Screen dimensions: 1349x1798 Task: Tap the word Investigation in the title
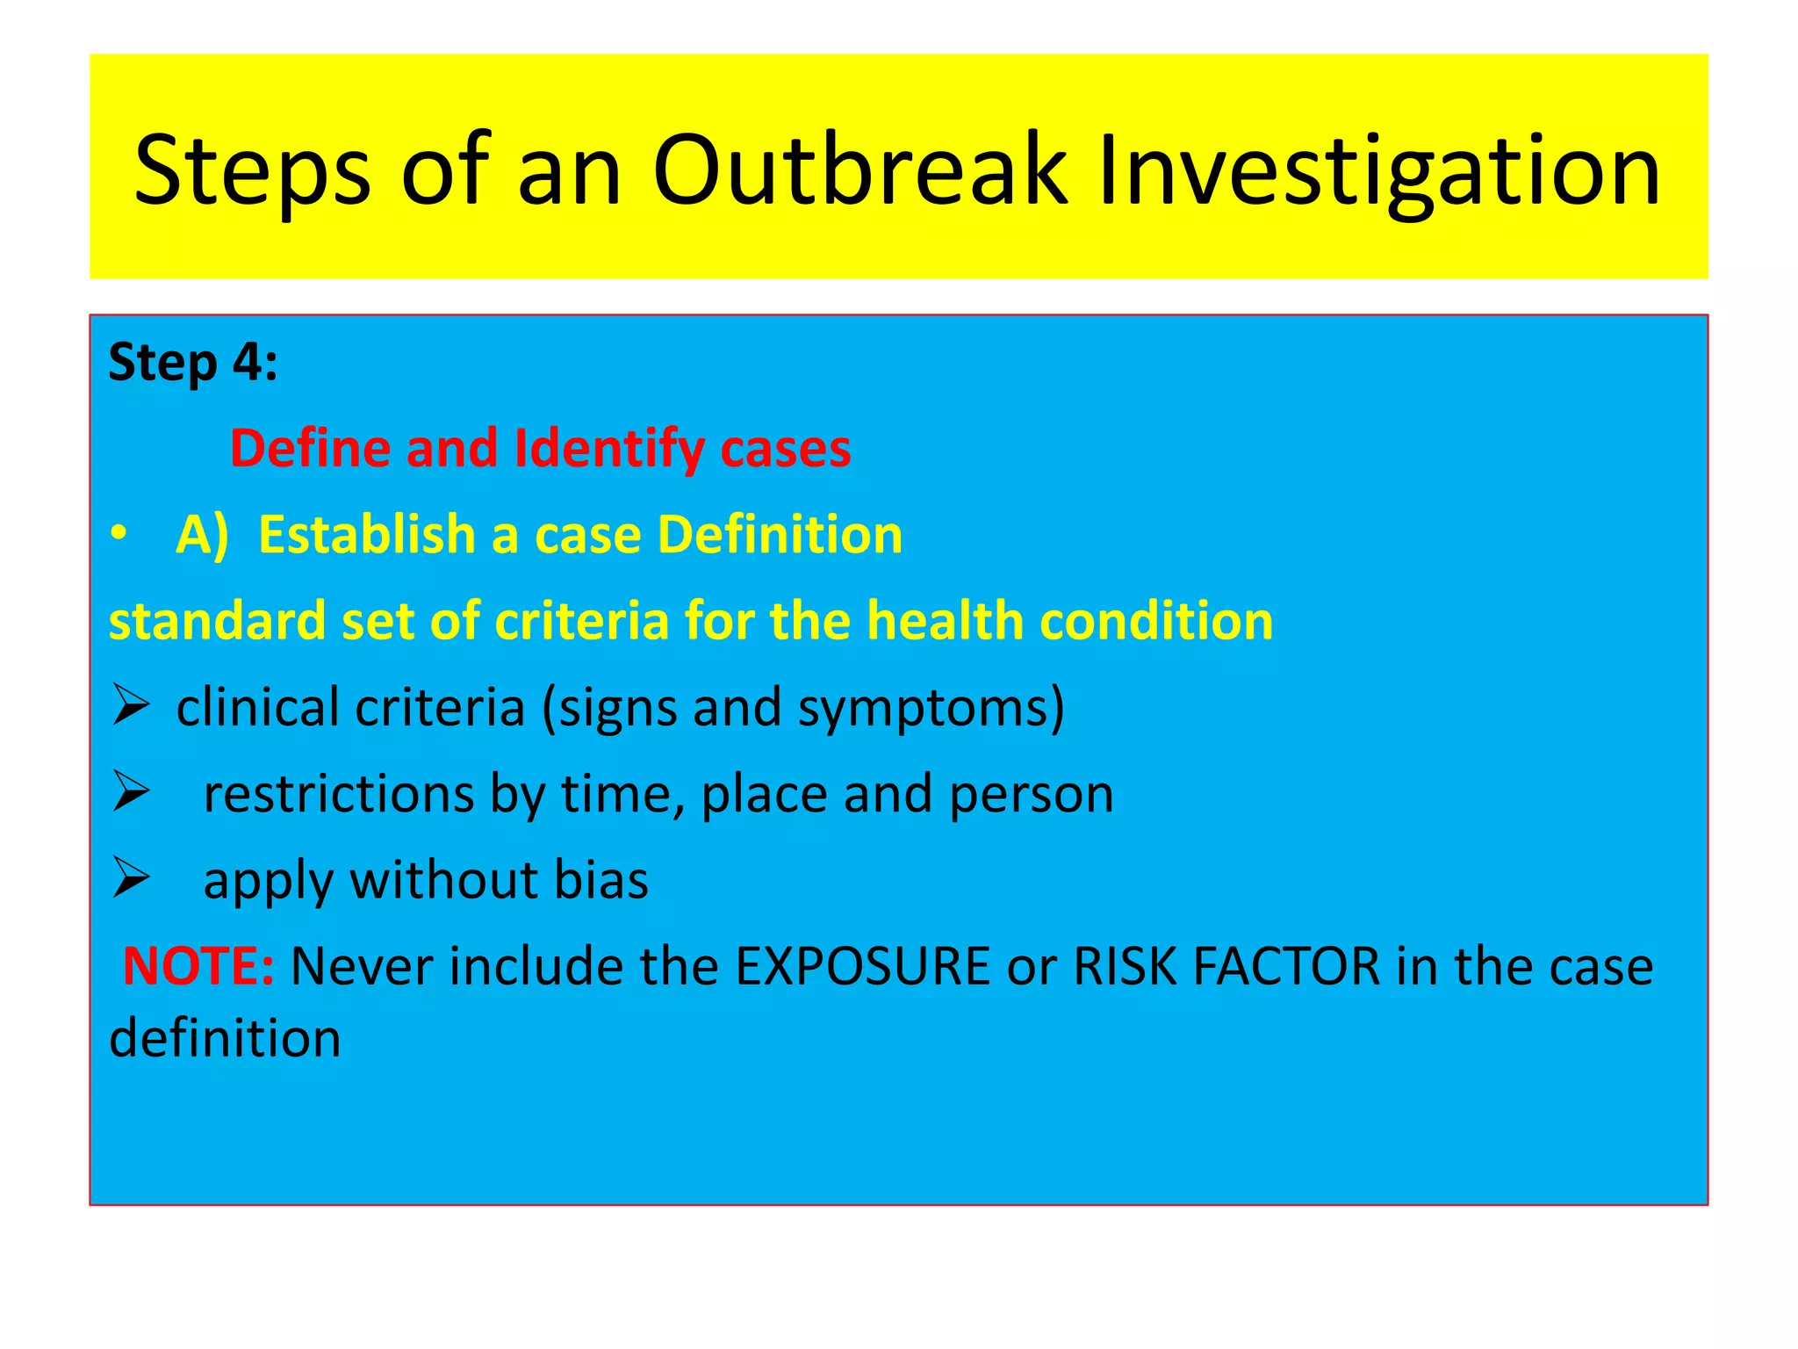click(1378, 171)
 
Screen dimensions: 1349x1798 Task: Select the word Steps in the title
click(252, 171)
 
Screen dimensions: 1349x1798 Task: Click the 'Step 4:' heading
click(193, 362)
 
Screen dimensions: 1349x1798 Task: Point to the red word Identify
click(609, 449)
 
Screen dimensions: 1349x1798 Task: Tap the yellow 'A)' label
click(202, 535)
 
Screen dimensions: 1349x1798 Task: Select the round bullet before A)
click(119, 534)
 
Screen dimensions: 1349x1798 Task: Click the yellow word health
click(944, 621)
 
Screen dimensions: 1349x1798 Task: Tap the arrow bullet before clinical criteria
click(131, 706)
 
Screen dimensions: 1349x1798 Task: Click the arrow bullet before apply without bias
click(131, 877)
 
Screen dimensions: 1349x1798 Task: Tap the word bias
click(601, 879)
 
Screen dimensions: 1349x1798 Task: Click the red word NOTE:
click(198, 966)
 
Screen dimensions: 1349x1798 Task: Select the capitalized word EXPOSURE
click(862, 966)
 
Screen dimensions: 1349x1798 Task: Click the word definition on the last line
click(225, 1037)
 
